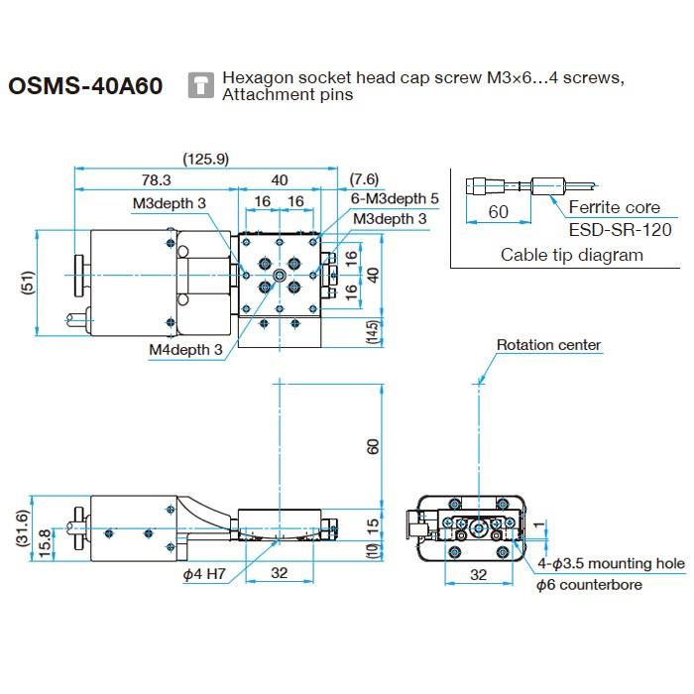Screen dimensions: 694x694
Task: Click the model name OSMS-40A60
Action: click(x=85, y=86)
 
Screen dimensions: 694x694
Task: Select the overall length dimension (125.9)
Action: click(x=206, y=159)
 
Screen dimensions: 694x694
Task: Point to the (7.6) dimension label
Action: click(x=364, y=179)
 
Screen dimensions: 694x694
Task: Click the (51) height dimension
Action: click(x=27, y=286)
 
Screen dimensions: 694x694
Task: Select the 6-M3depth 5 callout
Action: click(x=395, y=198)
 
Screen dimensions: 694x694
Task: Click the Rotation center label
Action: click(x=548, y=345)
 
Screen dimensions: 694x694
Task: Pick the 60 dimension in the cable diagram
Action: click(x=498, y=212)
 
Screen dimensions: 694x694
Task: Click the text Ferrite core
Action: click(x=614, y=208)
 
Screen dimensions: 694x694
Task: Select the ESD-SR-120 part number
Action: click(x=620, y=230)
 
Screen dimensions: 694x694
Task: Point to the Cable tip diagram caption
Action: click(x=571, y=255)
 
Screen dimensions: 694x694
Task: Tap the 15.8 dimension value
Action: click(x=46, y=540)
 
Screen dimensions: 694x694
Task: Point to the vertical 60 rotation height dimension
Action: click(x=373, y=446)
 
